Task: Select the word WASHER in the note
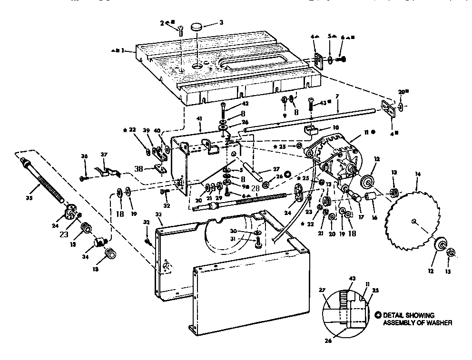click(438, 322)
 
